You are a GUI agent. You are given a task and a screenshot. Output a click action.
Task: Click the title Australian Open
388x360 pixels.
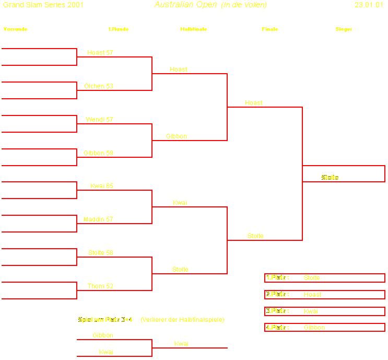185,5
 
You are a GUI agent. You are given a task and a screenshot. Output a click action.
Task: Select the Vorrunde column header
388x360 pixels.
15,29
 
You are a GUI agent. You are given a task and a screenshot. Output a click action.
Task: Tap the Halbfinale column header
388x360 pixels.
193,29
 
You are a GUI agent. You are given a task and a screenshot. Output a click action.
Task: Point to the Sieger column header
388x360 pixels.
344,29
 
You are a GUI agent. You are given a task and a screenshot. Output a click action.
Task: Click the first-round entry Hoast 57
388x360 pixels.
100,53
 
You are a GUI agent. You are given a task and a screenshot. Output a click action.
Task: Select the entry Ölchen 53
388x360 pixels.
99,86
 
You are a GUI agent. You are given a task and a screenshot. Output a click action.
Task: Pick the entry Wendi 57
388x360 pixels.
99,120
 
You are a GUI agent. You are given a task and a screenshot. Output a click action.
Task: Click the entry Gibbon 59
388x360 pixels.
98,153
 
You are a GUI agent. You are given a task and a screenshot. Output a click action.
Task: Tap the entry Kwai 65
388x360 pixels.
101,186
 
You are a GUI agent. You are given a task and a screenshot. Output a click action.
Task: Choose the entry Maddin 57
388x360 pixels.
98,219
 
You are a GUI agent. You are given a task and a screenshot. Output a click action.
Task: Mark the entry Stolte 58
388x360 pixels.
101,253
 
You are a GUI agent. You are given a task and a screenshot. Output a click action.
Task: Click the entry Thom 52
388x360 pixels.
100,286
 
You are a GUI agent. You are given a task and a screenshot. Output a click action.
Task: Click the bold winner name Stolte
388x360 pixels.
330,178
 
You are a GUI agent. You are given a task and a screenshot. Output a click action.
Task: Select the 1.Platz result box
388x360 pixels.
324,278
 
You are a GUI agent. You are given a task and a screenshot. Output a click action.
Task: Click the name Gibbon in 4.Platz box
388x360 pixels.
314,328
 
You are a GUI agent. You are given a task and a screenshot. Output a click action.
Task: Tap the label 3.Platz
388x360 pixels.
277,311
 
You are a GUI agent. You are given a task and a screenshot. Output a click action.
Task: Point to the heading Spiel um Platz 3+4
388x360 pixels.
105,319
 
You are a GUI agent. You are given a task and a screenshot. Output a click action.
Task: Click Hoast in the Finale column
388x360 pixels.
254,103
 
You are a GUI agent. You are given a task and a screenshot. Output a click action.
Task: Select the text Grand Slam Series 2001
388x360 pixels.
43,5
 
